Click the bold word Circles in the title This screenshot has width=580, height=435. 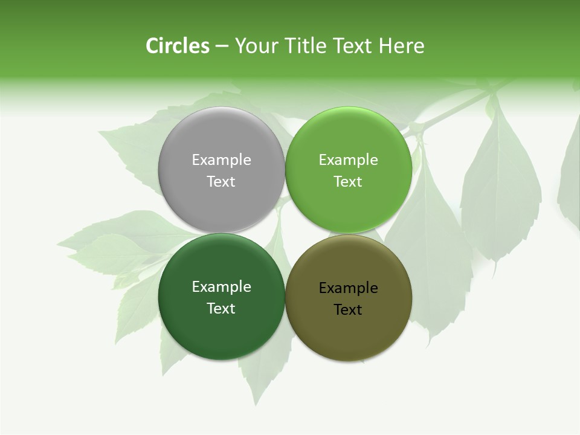click(178, 46)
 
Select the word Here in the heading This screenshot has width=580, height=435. click(402, 46)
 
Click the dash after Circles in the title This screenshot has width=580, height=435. click(222, 47)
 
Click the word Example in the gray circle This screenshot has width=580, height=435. click(221, 159)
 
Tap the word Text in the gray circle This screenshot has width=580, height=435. click(221, 181)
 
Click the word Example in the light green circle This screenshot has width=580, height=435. click(348, 159)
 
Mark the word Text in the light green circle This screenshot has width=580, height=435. click(348, 181)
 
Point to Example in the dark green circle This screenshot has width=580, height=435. click(221, 286)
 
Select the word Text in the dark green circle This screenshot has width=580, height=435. click(221, 308)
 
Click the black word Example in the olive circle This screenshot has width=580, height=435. click(348, 288)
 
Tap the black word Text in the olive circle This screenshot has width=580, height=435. click(348, 309)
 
